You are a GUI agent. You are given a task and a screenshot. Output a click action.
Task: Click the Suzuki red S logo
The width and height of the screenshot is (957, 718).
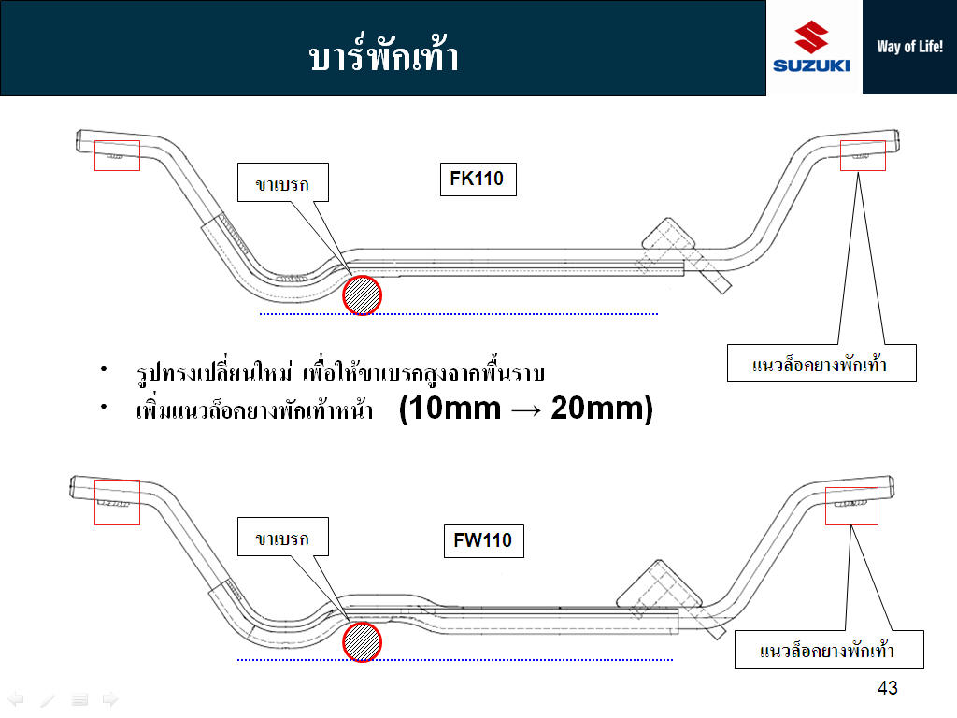(811, 36)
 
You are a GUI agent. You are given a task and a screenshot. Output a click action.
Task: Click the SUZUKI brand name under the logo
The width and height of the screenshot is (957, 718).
(811, 65)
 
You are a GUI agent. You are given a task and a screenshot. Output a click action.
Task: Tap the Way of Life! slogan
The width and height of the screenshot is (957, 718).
(909, 47)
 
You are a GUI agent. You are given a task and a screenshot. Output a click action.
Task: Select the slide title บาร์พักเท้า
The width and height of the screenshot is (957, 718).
(383, 53)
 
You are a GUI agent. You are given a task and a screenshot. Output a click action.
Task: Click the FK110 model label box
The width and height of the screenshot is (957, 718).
(478, 179)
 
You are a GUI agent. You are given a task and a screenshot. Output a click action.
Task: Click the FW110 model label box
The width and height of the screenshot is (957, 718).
(483, 540)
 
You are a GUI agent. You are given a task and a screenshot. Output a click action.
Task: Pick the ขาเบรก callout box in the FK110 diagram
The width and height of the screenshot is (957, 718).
(282, 182)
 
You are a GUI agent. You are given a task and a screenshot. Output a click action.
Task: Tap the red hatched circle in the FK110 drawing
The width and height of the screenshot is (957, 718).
(362, 295)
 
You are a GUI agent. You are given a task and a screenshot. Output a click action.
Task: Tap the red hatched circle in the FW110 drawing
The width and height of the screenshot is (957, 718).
(362, 641)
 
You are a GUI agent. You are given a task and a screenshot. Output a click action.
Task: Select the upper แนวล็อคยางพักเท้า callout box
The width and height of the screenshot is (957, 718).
(821, 364)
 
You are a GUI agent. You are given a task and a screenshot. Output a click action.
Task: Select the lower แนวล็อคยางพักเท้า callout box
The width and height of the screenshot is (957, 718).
(829, 650)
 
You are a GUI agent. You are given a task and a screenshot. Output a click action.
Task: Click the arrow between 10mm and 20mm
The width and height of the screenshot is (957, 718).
(526, 409)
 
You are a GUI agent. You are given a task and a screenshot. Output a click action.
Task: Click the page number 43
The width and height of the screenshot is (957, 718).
(888, 688)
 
